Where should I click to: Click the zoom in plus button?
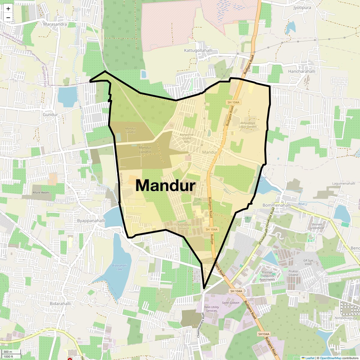pyautogui.click(x=8, y=9)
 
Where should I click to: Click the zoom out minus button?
pyautogui.click(x=8, y=18)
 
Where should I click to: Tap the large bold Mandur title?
pyautogui.click(x=165, y=185)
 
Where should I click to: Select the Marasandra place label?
pyautogui.click(x=55, y=24)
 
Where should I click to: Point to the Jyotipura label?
pyautogui.click(x=302, y=7)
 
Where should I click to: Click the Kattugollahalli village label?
pyautogui.click(x=198, y=50)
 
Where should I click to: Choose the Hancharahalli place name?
pyautogui.click(x=301, y=71)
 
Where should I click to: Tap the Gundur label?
pyautogui.click(x=50, y=115)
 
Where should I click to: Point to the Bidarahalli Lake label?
pyautogui.click(x=119, y=267)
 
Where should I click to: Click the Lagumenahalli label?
pyautogui.click(x=343, y=183)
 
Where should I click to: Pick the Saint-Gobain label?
pyautogui.click(x=230, y=303)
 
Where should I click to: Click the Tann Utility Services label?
pyautogui.click(x=211, y=309)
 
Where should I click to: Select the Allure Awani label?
pyautogui.click(x=41, y=192)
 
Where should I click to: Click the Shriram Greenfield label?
pyautogui.click(x=317, y=226)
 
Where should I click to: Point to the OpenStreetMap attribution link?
pyautogui.click(x=330, y=358)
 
